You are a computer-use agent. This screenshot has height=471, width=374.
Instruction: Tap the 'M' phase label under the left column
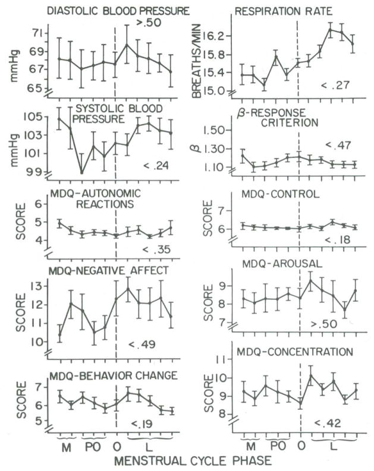(65, 444)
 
